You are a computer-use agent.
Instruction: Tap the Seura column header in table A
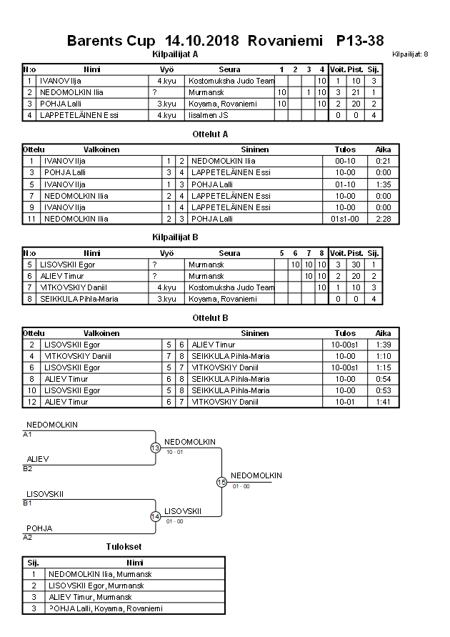click(x=229, y=69)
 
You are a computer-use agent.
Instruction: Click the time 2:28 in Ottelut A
click(x=384, y=219)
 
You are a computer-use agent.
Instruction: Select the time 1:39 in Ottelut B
click(x=384, y=345)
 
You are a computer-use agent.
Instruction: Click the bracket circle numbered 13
click(x=155, y=448)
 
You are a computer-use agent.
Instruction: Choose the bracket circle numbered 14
click(x=155, y=516)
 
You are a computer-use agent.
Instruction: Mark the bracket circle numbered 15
click(x=221, y=482)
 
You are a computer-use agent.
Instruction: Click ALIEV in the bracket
click(x=38, y=458)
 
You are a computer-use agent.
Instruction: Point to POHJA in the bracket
click(x=39, y=528)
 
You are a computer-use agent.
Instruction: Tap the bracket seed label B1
click(x=28, y=503)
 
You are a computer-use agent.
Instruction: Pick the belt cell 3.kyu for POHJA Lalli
click(x=166, y=104)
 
